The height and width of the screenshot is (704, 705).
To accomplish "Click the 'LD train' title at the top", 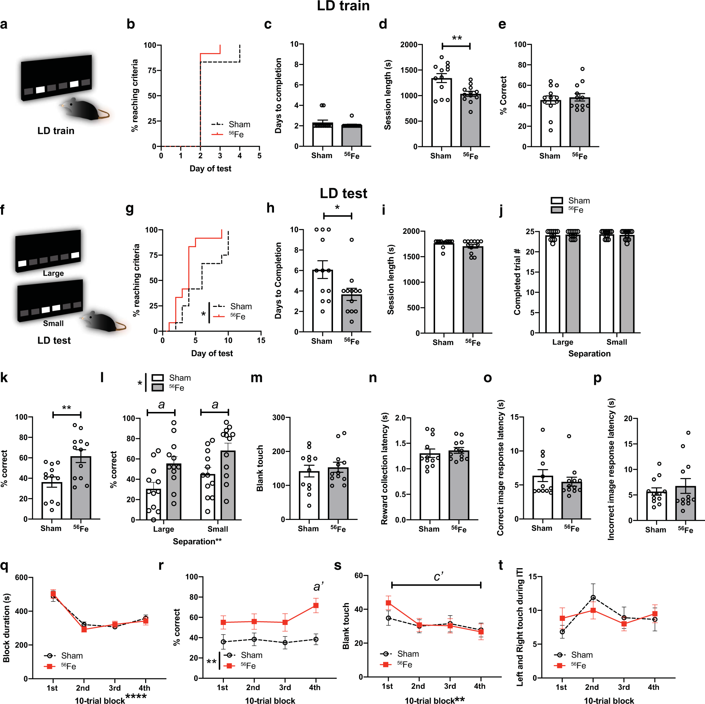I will pyautogui.click(x=343, y=6).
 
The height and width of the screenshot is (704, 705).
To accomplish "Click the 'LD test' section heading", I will pyautogui.click(x=343, y=193).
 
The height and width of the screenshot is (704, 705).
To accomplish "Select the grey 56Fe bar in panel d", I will pyautogui.click(x=470, y=121).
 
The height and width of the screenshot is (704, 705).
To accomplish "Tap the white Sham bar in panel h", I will pyautogui.click(x=322, y=301).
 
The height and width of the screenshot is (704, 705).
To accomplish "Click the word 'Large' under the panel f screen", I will pyautogui.click(x=53, y=274).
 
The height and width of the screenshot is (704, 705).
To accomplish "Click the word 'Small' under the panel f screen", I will pyautogui.click(x=53, y=323).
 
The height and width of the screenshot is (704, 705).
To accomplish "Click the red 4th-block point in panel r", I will pyautogui.click(x=316, y=605).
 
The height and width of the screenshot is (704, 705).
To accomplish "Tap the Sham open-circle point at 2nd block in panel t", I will pyautogui.click(x=593, y=597).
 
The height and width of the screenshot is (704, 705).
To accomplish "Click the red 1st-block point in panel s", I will pyautogui.click(x=388, y=603).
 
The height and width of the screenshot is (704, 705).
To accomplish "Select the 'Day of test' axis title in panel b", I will pyautogui.click(x=210, y=168).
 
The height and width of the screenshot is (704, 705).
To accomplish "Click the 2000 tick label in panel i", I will pyautogui.click(x=411, y=231).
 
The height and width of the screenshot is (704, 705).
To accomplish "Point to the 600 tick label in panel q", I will pyautogui.click(x=21, y=577).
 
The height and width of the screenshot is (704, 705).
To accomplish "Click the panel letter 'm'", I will pyautogui.click(x=256, y=378).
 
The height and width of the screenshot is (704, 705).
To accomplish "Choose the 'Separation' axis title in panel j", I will pyautogui.click(x=589, y=354).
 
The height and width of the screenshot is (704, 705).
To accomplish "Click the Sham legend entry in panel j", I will pyautogui.click(x=578, y=201).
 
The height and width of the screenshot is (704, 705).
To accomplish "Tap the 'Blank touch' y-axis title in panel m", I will pyautogui.click(x=260, y=468).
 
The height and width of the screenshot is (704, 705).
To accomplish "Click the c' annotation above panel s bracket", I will pyautogui.click(x=438, y=577).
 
